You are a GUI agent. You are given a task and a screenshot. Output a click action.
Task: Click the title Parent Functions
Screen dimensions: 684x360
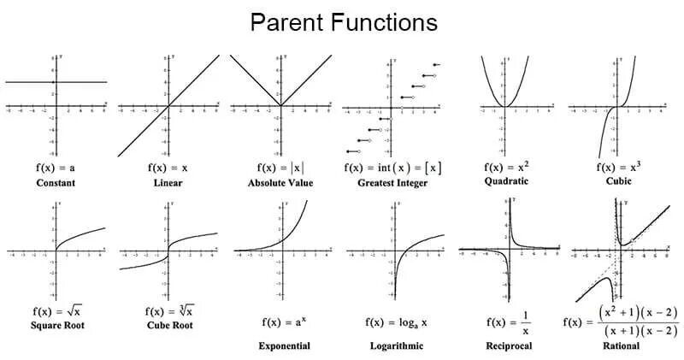coord(343,22)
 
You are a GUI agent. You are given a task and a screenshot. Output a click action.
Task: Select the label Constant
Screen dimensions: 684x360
coord(56,183)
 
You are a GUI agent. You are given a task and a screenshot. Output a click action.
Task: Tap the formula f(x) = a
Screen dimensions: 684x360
coord(56,168)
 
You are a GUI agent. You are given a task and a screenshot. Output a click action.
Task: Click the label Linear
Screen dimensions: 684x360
coord(168,183)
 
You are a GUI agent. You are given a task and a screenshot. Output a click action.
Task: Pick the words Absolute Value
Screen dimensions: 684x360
coord(280,183)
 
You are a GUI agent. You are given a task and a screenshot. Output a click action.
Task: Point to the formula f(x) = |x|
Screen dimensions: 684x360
coord(280,168)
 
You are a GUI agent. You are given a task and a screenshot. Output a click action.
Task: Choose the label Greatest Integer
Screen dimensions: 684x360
coord(392,183)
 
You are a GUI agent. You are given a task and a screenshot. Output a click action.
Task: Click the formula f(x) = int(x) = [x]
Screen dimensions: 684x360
coord(392,168)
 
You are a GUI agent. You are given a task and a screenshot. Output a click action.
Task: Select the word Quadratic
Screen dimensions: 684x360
coord(505,181)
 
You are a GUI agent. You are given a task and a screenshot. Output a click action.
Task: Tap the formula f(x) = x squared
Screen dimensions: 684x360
coord(505,167)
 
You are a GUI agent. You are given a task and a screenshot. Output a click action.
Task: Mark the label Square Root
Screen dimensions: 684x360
coord(56,324)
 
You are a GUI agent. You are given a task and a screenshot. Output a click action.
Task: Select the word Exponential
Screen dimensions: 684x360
coord(284,346)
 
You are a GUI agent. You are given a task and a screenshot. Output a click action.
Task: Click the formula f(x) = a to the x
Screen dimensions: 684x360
coord(284,322)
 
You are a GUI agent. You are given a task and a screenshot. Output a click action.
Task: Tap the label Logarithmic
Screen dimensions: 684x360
coord(393,346)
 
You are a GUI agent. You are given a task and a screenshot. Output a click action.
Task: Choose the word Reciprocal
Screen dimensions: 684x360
coord(506,346)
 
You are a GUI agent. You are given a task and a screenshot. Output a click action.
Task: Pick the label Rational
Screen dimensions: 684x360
coord(620,346)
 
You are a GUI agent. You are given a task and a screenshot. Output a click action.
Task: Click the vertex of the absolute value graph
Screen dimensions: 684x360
coord(280,106)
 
